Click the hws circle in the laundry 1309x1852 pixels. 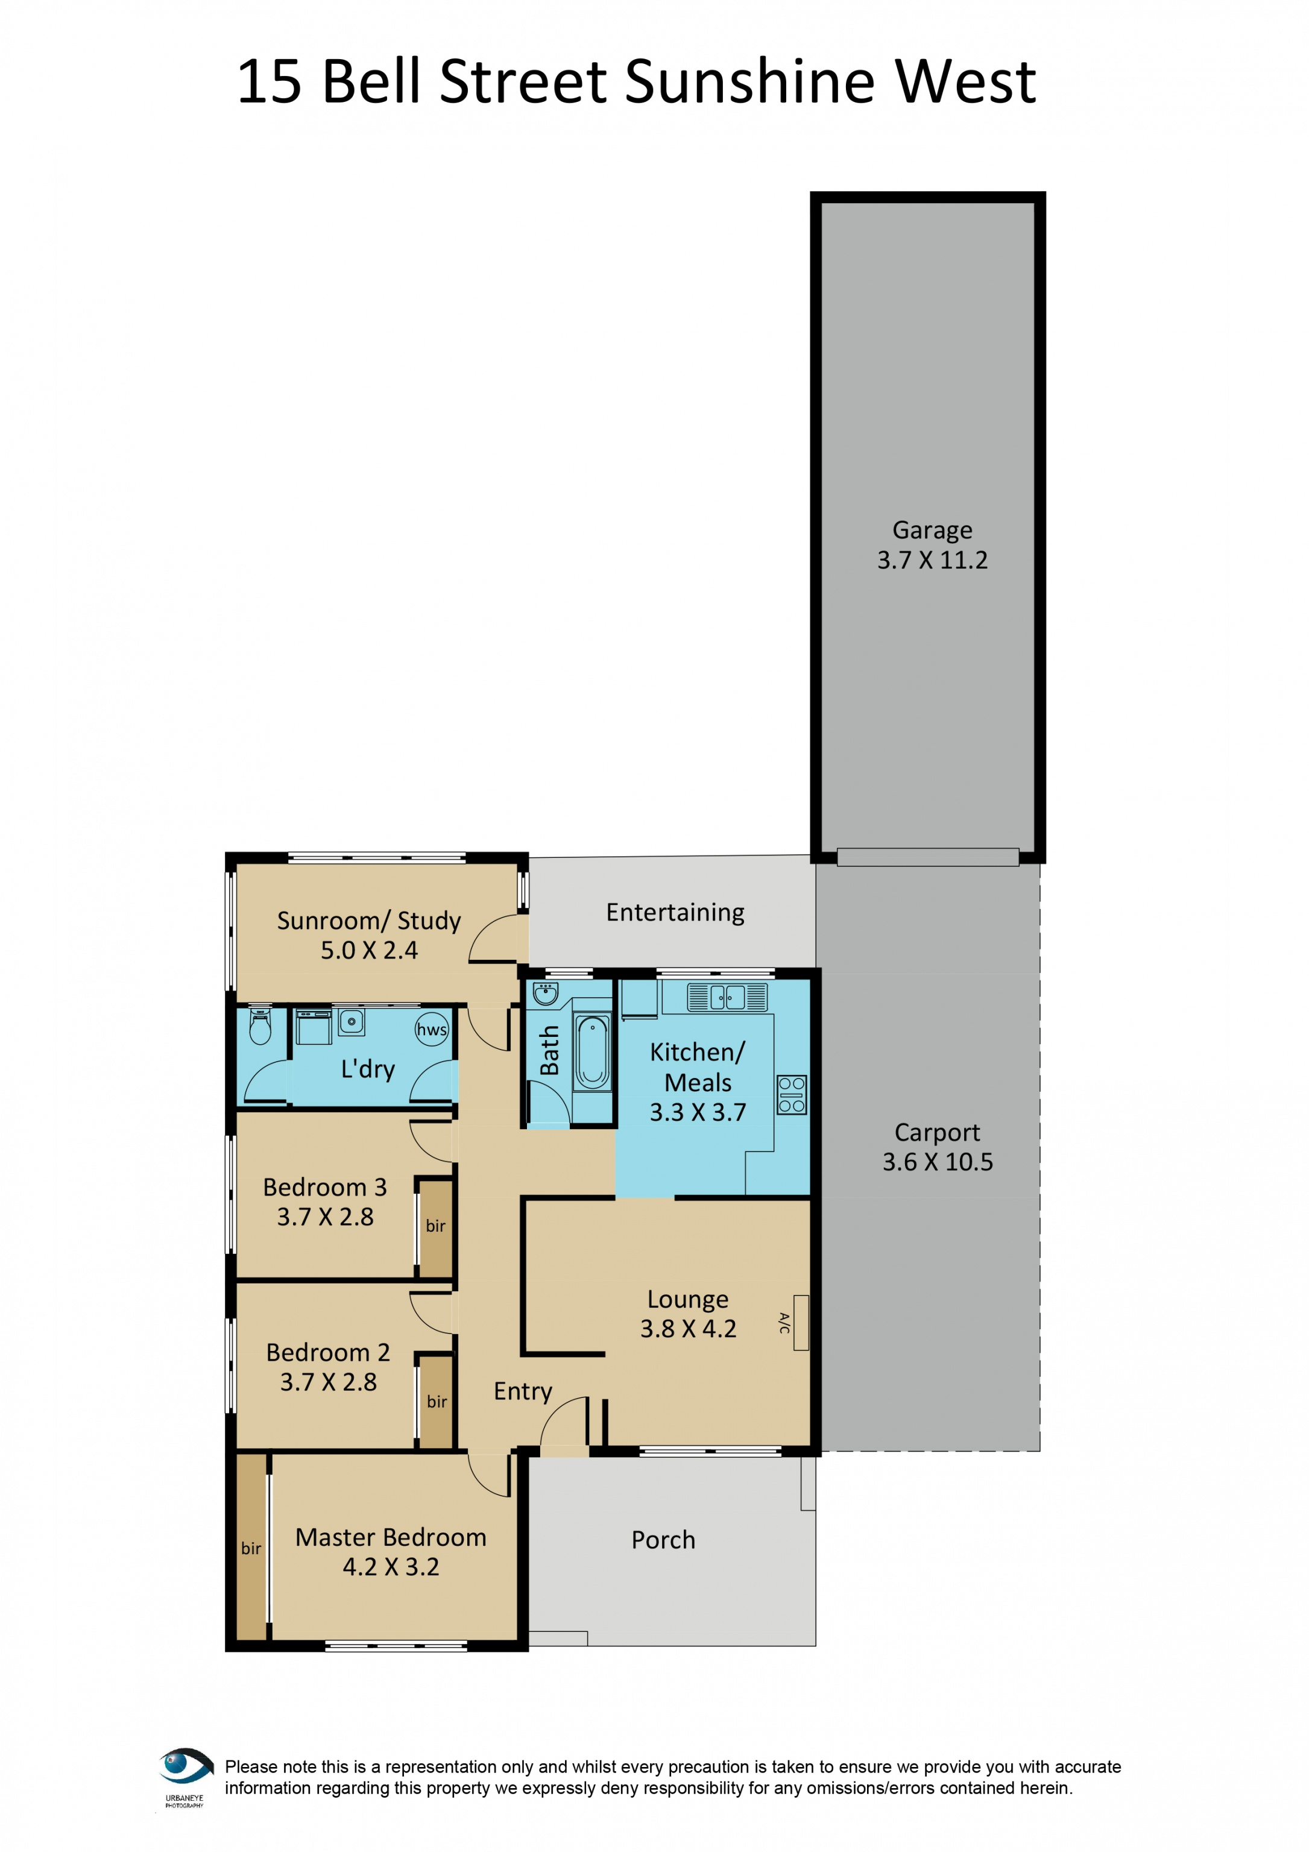click(432, 1029)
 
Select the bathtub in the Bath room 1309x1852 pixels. click(593, 1052)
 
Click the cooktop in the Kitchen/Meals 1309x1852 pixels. click(791, 1095)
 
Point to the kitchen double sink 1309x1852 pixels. click(727, 998)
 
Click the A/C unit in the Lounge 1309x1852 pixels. click(800, 1322)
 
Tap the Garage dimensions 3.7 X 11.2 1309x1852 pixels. click(932, 560)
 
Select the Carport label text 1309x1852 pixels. click(937, 1133)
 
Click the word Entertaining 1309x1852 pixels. click(675, 912)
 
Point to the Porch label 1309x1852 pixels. click(663, 1540)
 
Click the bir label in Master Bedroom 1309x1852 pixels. click(251, 1549)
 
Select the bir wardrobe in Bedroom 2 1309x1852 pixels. click(437, 1402)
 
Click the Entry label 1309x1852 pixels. click(523, 1391)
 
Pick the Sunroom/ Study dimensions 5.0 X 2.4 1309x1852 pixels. click(370, 950)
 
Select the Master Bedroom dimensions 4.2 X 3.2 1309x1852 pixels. click(391, 1566)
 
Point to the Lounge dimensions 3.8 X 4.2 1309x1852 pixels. click(688, 1329)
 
